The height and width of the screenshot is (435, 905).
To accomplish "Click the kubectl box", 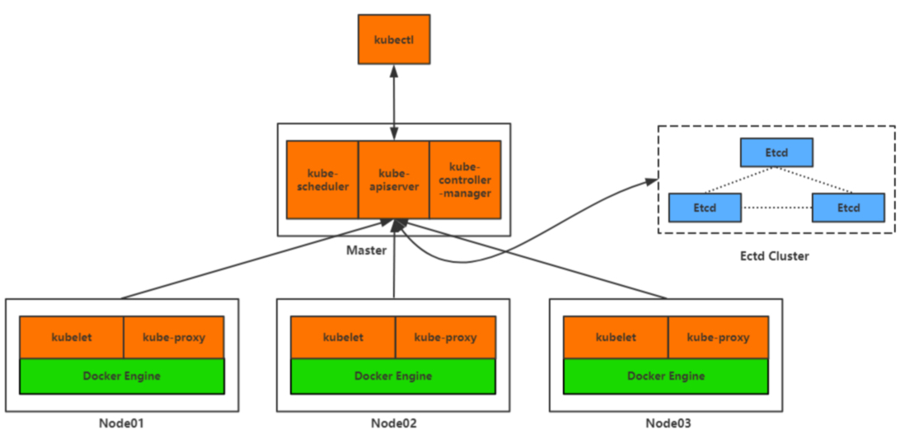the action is [394, 40].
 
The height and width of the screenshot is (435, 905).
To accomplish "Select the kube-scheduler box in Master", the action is [322, 180].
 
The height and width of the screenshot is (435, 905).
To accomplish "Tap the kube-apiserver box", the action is [394, 180].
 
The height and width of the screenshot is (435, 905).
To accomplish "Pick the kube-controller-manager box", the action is [465, 180].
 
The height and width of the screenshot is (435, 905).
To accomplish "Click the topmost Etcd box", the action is [777, 152].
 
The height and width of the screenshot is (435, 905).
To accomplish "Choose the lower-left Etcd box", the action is [705, 208].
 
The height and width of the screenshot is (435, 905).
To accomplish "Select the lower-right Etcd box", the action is [848, 208].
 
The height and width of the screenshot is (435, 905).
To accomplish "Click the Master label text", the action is [366, 250].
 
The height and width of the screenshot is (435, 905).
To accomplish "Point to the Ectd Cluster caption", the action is [775, 255].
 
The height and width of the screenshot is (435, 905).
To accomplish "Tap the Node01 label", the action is [121, 423].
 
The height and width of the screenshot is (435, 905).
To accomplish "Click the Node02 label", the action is [394, 423].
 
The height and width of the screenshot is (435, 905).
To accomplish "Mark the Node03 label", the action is [668, 423].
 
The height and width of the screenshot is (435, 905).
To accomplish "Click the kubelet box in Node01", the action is [72, 338].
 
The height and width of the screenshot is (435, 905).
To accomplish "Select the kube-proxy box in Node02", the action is [445, 338].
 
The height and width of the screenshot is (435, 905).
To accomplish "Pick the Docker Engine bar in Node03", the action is [665, 377].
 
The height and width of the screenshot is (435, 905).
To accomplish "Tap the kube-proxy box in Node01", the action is [173, 338].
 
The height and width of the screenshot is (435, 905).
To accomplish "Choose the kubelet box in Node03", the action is [616, 338].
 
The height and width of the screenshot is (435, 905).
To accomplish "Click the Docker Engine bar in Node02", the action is [393, 377].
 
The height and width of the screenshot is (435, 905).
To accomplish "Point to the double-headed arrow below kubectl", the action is [394, 102].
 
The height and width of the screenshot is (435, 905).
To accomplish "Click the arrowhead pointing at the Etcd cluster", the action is [651, 182].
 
